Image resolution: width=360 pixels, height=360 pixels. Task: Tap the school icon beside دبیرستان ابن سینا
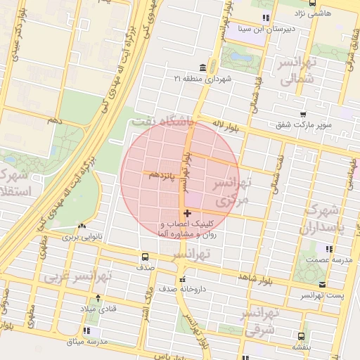point(265,18)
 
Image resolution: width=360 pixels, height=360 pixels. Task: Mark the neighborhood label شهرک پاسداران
point(320,219)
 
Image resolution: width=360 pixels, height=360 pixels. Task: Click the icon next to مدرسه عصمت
point(328,248)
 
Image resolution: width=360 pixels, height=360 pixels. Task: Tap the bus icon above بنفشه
point(301,336)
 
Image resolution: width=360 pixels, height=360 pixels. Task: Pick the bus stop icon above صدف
point(145,257)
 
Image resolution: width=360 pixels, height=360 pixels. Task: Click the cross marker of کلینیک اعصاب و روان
point(186,213)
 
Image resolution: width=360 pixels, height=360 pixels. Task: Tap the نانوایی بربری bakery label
point(80,238)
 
